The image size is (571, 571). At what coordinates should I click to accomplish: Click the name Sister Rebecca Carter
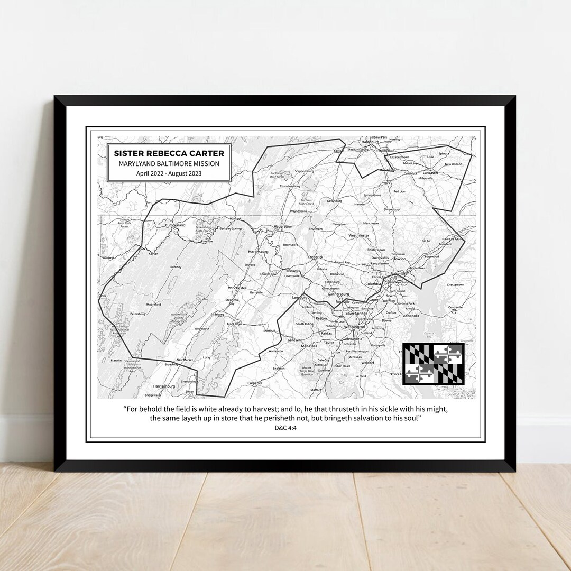(x=169, y=153)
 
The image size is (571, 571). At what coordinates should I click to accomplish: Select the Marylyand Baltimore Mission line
(x=169, y=164)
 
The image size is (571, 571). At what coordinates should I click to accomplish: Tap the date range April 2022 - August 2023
(x=169, y=173)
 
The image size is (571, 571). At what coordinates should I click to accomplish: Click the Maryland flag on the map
(x=433, y=364)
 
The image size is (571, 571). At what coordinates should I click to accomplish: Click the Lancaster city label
(x=430, y=173)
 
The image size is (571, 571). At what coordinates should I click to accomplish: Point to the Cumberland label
(x=176, y=225)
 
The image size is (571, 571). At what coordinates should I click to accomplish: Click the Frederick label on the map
(x=315, y=257)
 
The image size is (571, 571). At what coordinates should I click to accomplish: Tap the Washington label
(x=354, y=327)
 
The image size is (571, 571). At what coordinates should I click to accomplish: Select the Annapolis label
(x=411, y=316)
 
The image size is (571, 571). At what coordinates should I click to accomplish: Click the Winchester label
(x=237, y=288)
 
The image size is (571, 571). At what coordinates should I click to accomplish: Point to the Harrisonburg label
(x=164, y=386)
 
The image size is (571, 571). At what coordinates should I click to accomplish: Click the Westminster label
(x=358, y=235)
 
